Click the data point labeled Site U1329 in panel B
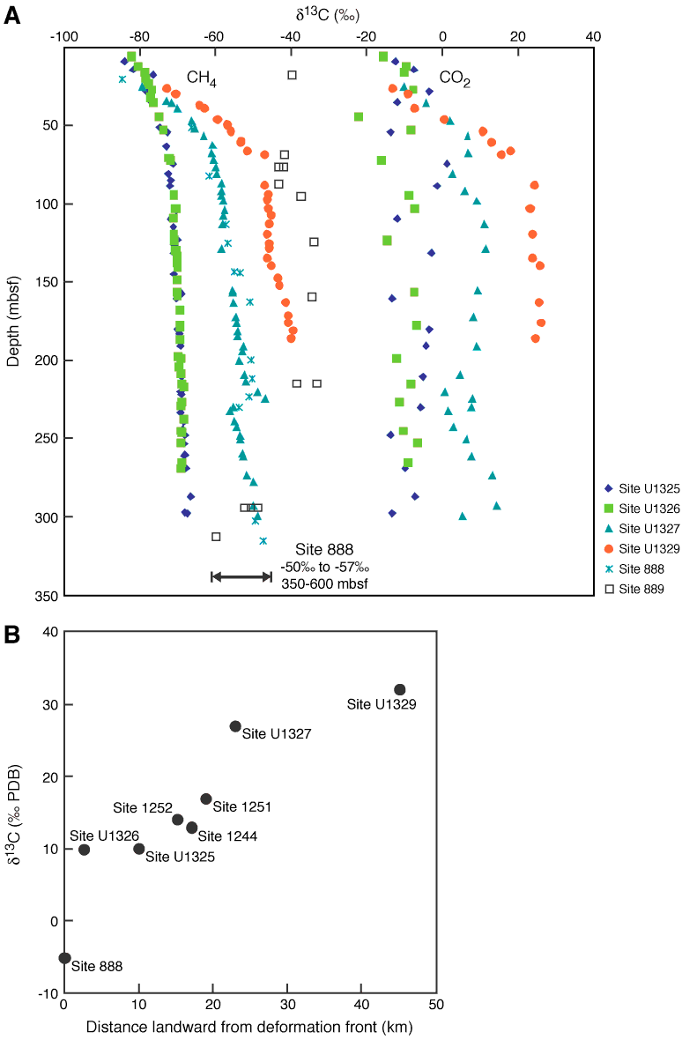click(x=400, y=689)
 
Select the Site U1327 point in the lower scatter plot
click(x=235, y=725)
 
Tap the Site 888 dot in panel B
click(x=64, y=957)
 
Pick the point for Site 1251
click(x=206, y=799)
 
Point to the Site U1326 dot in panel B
click(x=84, y=850)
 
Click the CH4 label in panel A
click(x=201, y=79)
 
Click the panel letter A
click(x=11, y=15)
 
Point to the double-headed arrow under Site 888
click(x=241, y=576)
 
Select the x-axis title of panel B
click(x=249, y=1026)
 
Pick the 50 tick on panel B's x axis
click(x=437, y=1005)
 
